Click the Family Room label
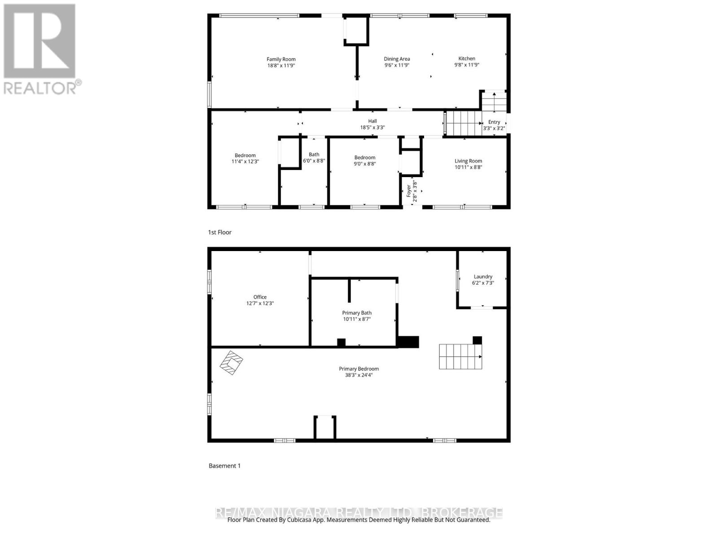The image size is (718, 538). click(x=281, y=59)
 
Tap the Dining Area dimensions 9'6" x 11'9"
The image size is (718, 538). click(x=397, y=65)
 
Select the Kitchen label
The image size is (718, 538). click(x=467, y=58)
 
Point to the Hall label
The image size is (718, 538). click(x=372, y=121)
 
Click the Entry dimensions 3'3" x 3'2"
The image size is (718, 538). click(x=494, y=128)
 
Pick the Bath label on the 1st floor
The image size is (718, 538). click(x=314, y=155)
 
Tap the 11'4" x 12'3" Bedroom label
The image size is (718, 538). click(x=245, y=156)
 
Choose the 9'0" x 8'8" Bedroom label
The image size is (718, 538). click(x=365, y=157)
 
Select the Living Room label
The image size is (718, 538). click(x=468, y=161)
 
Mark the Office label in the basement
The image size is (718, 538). click(x=260, y=297)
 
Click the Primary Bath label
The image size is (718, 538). click(x=357, y=313)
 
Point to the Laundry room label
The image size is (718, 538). click(x=483, y=277)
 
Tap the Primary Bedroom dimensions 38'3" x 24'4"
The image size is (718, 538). click(x=359, y=375)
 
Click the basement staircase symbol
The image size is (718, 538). click(x=460, y=356)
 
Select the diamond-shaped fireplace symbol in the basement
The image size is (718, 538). click(x=231, y=362)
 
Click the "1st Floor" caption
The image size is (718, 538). click(x=220, y=232)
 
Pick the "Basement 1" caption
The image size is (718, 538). click(x=225, y=466)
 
